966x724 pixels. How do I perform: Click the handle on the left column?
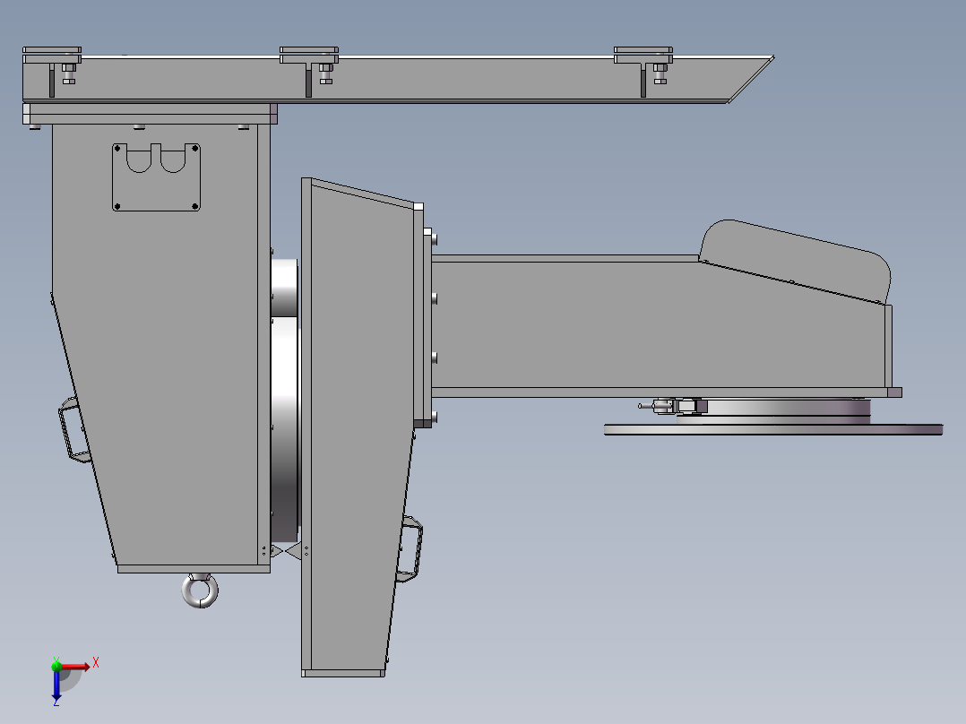[x=73, y=432]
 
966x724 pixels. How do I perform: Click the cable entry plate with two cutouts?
[x=156, y=177]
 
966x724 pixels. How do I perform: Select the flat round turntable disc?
[x=772, y=430]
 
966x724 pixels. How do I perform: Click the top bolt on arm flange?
[x=435, y=239]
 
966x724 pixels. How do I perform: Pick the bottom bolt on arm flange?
[x=435, y=417]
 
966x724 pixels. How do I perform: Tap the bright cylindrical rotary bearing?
[x=285, y=403]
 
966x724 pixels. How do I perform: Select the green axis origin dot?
[x=56, y=665]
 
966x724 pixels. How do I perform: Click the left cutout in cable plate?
[x=139, y=159]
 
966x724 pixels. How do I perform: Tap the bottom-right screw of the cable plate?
[x=194, y=207]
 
